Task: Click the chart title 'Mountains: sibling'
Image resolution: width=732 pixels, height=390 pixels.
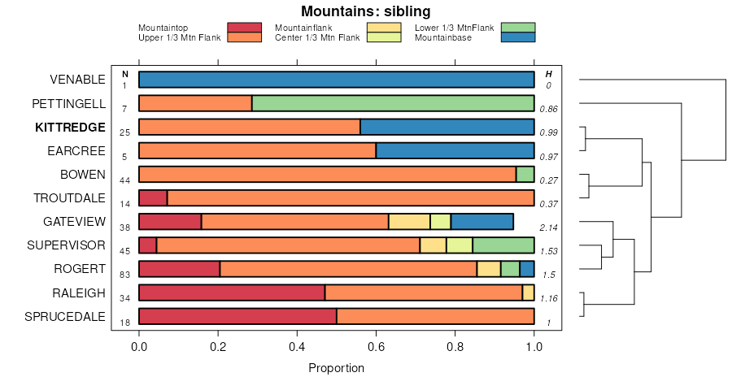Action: click(x=365, y=11)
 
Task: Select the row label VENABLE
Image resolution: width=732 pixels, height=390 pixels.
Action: click(x=77, y=80)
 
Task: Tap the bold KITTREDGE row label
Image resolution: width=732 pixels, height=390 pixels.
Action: click(x=70, y=127)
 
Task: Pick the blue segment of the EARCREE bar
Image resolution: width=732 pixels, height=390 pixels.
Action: click(x=455, y=150)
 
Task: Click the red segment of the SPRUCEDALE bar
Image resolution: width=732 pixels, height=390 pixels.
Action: click(x=237, y=316)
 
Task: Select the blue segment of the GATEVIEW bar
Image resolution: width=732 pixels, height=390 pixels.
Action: click(x=482, y=222)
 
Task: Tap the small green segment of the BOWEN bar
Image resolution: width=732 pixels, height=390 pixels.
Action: click(x=525, y=174)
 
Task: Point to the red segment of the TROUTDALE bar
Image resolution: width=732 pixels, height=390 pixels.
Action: click(x=153, y=198)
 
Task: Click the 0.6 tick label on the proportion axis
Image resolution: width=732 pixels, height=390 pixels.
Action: click(x=377, y=348)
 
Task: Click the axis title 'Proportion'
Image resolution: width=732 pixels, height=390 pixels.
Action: click(x=336, y=368)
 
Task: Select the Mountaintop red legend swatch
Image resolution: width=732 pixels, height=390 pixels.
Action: click(x=244, y=28)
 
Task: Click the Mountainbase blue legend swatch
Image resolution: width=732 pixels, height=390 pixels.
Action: click(x=518, y=37)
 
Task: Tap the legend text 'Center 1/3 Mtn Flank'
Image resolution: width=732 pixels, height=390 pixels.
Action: click(x=317, y=37)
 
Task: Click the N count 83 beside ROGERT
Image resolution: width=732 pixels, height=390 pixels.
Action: click(x=124, y=275)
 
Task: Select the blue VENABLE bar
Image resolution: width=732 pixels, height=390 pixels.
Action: click(x=336, y=80)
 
